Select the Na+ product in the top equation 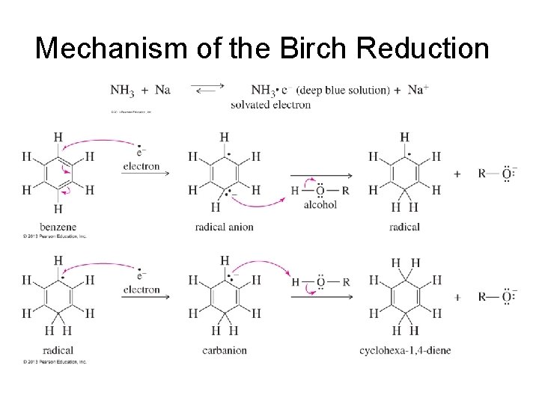418,90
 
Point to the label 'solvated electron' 270,105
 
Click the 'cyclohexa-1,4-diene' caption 405,350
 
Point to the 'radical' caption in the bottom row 58,350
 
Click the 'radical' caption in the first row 404,227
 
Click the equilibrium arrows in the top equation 210,90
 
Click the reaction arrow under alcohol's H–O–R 320,173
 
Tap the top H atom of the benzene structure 58,137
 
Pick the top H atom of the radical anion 224,137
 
